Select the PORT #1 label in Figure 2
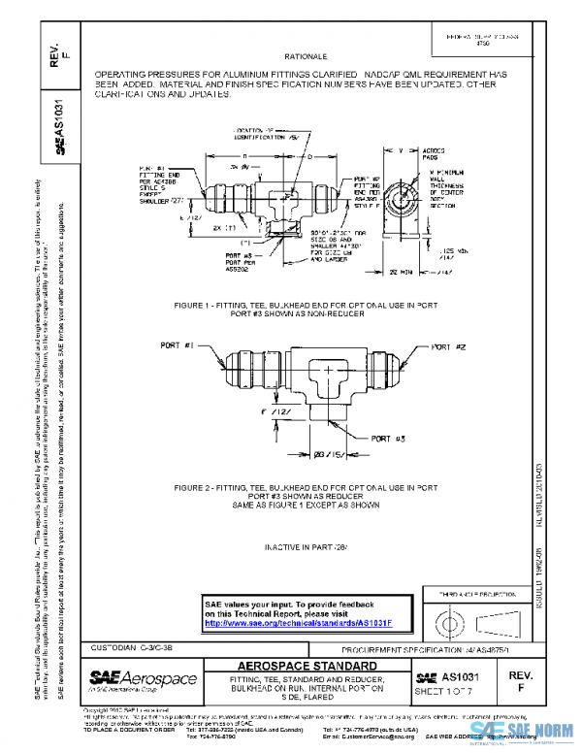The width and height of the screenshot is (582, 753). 178,344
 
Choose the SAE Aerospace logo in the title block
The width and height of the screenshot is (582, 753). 143,678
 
